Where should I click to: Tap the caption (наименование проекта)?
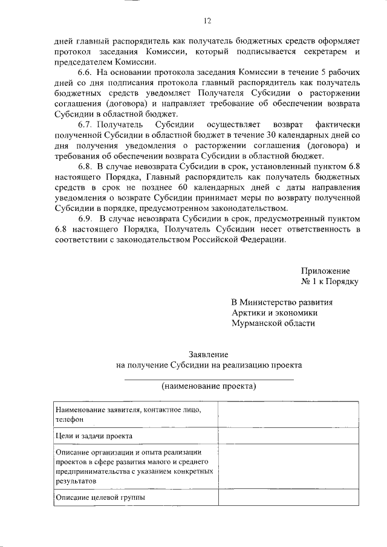pos(208,386)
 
